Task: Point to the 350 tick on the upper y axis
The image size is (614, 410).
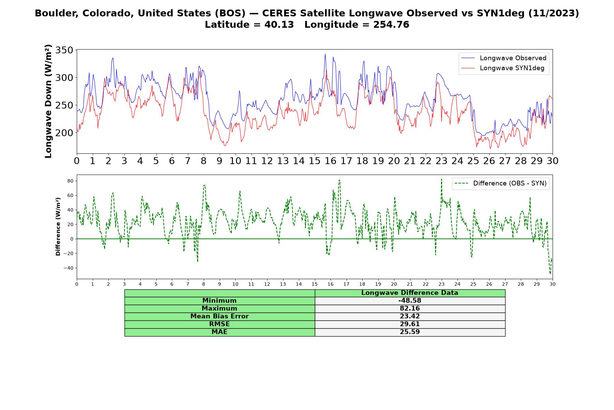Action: point(64,50)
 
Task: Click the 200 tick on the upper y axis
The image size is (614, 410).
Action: point(64,133)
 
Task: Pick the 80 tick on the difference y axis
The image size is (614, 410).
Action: point(70,181)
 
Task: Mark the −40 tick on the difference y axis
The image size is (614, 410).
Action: point(68,268)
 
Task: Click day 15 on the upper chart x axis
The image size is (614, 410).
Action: point(315,161)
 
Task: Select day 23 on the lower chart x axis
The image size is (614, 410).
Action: point(441,284)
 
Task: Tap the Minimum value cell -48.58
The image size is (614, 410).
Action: point(410,301)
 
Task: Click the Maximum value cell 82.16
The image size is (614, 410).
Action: point(410,309)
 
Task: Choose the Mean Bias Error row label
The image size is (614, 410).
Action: point(219,316)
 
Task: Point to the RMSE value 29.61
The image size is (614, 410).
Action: point(410,324)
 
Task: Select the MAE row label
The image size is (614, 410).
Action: point(219,332)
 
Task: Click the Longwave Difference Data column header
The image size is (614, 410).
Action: point(410,293)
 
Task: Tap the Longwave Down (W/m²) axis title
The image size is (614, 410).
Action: point(48,101)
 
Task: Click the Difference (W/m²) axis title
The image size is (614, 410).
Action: point(58,227)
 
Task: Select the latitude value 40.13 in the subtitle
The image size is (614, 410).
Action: point(279,25)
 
